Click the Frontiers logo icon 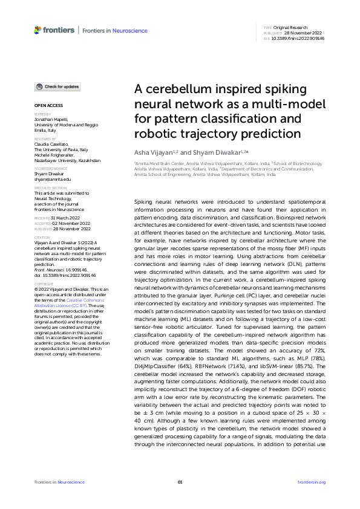point(38,30)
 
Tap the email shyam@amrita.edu point(53,180)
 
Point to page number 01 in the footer point(180,482)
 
